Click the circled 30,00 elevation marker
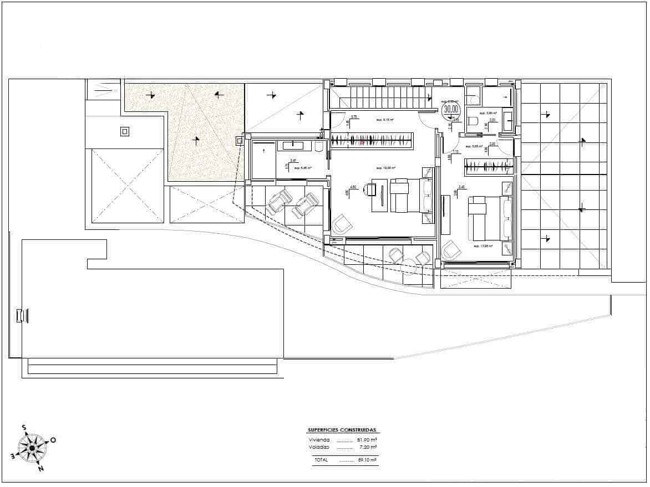point(451,109)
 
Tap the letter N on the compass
point(40,469)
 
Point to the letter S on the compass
point(24,428)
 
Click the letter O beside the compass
point(53,440)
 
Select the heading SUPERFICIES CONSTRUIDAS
point(342,430)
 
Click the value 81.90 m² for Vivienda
point(367,440)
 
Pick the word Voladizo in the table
point(319,447)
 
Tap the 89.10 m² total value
point(367,460)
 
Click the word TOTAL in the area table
point(321,460)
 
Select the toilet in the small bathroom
point(473,122)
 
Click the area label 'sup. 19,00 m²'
point(385,168)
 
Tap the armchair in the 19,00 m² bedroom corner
point(343,224)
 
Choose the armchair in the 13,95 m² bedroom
point(452,250)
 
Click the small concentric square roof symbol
point(125,131)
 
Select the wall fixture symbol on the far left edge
point(23,315)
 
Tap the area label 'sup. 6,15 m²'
point(385,119)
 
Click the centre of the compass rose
point(32,448)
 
